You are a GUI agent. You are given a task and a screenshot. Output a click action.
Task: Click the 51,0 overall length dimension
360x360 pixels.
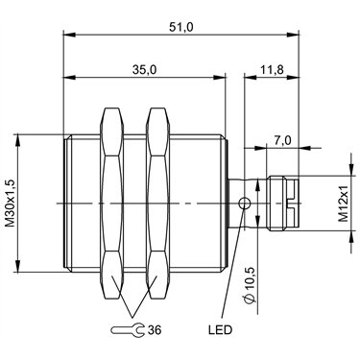point(180,27)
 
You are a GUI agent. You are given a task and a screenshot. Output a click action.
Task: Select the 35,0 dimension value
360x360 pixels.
point(144,70)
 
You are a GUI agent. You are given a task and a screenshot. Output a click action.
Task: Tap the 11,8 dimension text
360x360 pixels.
point(272,70)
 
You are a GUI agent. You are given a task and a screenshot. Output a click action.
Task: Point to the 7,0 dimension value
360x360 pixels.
point(282,140)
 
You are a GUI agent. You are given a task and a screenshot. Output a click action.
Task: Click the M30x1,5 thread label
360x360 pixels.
point(11,204)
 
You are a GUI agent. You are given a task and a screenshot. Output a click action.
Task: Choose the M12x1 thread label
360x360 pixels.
point(343,204)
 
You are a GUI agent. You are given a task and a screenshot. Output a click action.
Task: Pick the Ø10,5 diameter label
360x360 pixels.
point(250,284)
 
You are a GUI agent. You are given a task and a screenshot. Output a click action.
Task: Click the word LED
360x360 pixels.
point(220,329)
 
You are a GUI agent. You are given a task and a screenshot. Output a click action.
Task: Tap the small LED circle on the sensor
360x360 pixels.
point(245,203)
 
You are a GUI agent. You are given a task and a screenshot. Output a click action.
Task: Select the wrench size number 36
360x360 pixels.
point(155,329)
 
